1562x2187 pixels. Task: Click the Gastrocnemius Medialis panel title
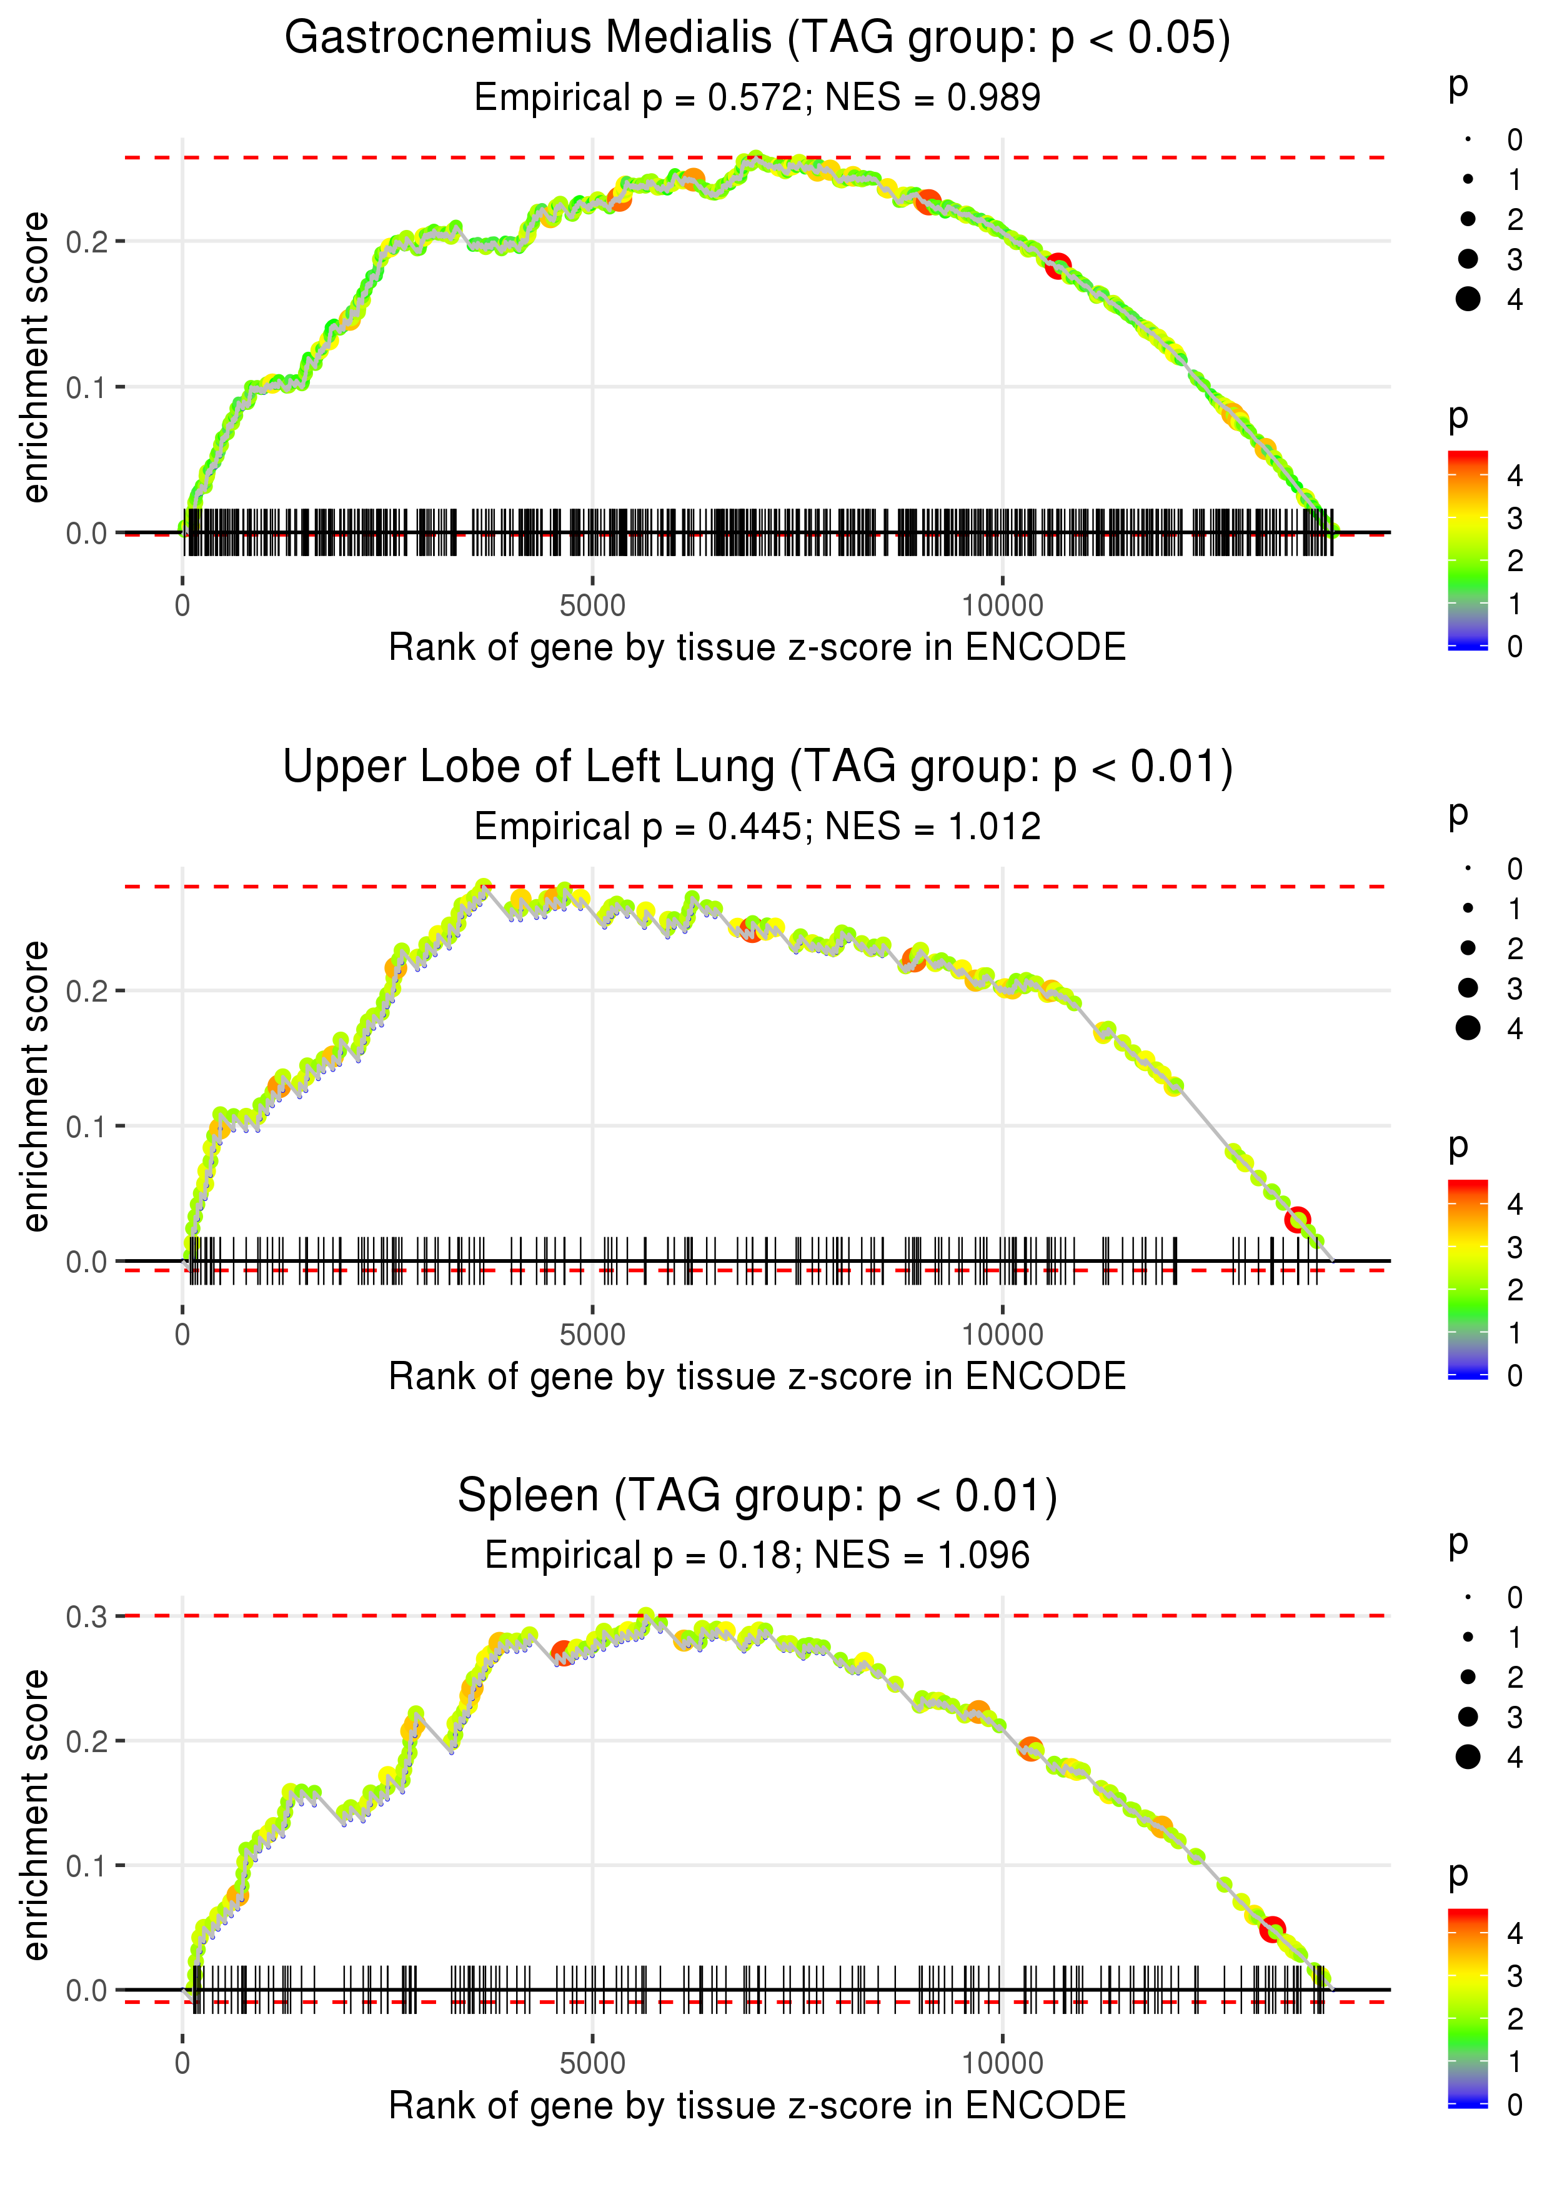click(757, 39)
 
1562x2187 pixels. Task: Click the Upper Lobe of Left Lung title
click(757, 767)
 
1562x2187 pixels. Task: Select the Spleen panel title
click(757, 1497)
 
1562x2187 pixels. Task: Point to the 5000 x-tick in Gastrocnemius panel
click(592, 606)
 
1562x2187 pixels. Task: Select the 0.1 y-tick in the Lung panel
click(87, 1126)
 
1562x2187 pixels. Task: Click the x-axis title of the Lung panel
click(757, 1377)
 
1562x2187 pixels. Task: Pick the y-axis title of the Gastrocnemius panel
click(36, 358)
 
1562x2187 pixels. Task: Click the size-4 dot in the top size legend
click(1468, 299)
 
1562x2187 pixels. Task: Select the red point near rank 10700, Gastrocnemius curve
click(1058, 266)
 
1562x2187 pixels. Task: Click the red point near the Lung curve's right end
click(1298, 1220)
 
